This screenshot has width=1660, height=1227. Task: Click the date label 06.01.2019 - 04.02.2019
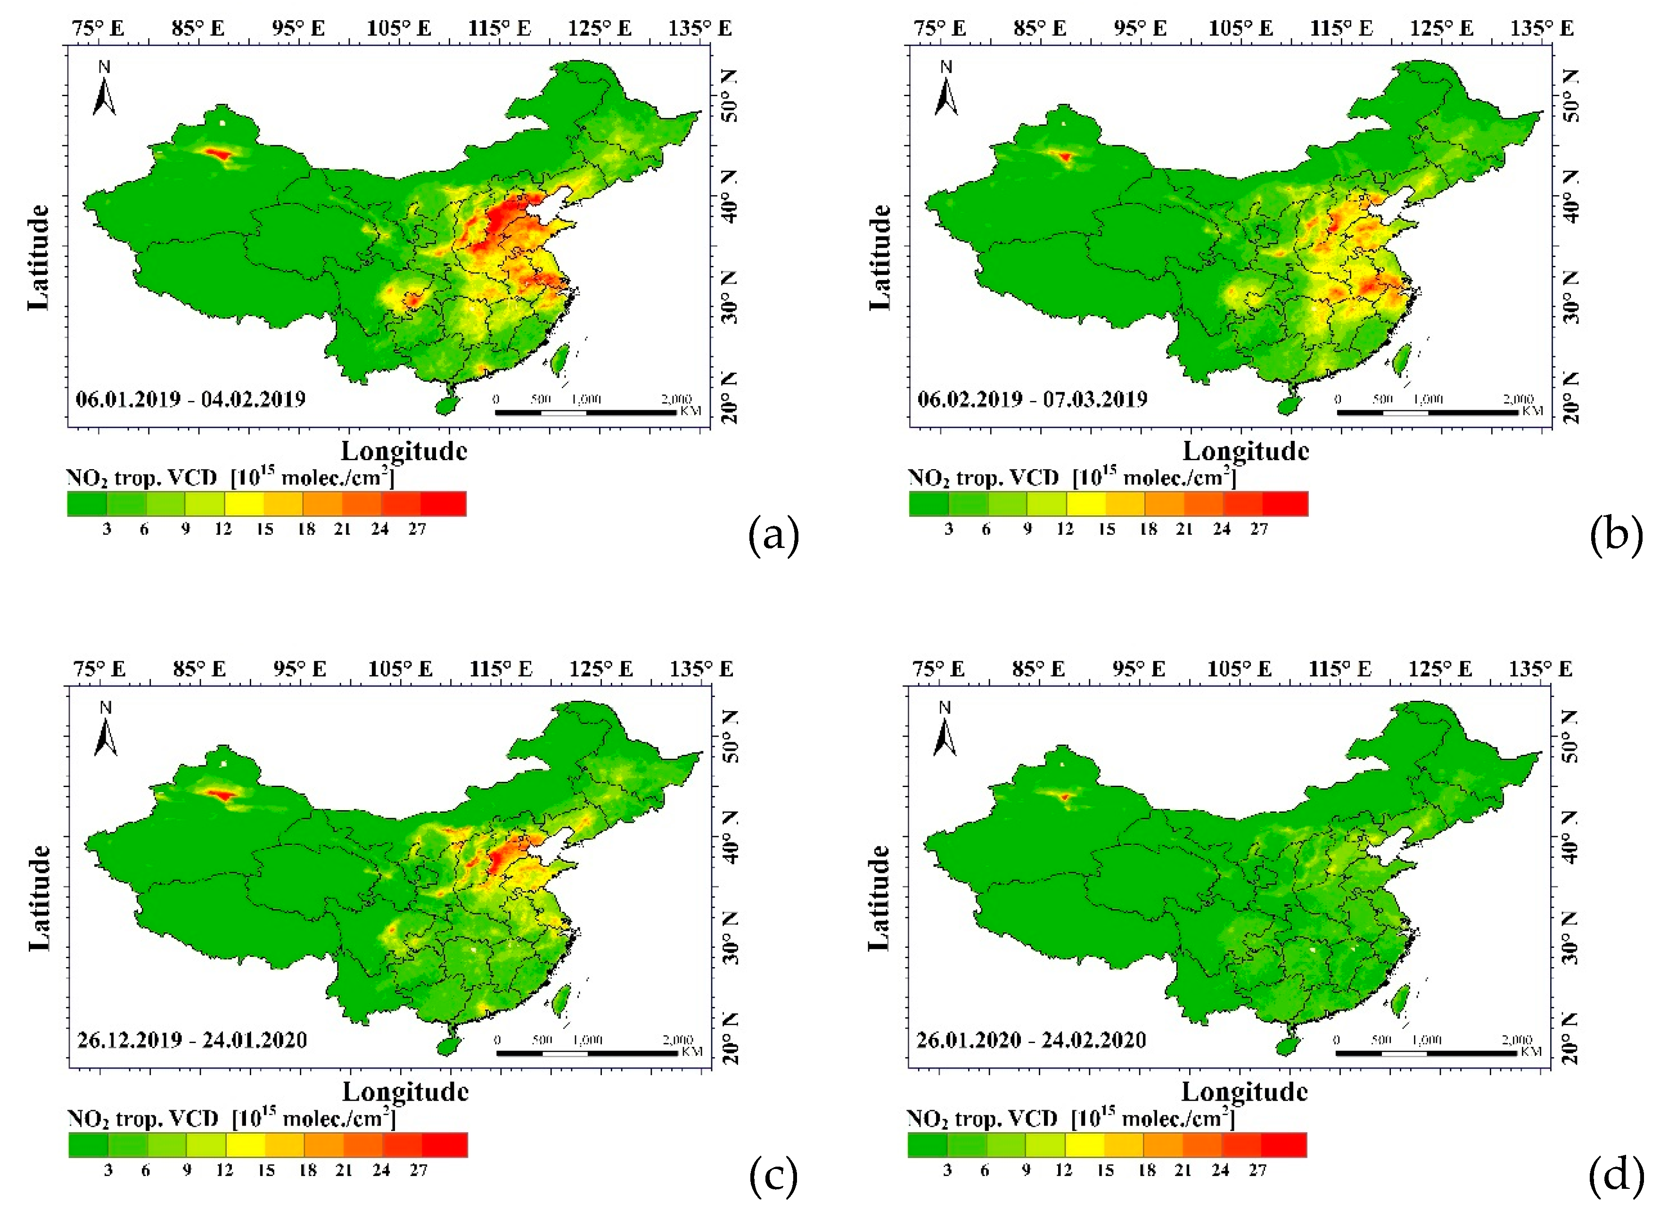pyautogui.click(x=191, y=399)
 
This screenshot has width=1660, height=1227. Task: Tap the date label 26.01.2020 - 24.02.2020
pyautogui.click(x=1031, y=1040)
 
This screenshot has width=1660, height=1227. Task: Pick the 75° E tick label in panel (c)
pyautogui.click(x=99, y=669)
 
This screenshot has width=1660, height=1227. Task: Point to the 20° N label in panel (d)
pyautogui.click(x=1570, y=1040)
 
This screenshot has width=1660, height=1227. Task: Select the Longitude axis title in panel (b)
pyautogui.click(x=1245, y=451)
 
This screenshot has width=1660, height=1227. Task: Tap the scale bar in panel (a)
pyautogui.click(x=586, y=412)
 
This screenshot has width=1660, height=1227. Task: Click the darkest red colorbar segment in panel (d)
pyautogui.click(x=1283, y=1144)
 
